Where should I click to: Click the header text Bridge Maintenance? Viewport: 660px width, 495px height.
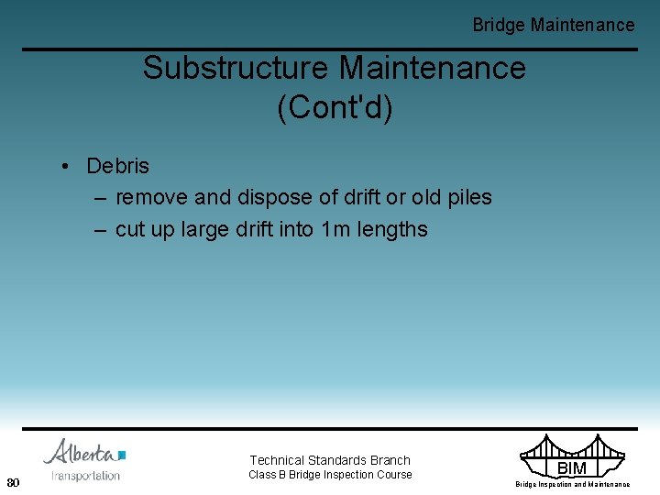coord(553,25)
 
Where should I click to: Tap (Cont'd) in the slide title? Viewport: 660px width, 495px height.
coord(335,107)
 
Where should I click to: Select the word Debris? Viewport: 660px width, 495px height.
coord(117,166)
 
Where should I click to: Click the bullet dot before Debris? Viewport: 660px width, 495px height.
coord(67,167)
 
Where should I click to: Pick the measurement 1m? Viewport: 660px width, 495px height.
coord(337,229)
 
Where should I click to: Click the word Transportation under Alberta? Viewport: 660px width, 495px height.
coord(85,475)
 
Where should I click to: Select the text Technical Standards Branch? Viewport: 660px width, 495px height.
coord(330,460)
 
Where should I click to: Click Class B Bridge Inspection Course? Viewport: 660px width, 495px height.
coord(330,475)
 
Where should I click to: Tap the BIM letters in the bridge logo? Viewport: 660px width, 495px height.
coord(572,468)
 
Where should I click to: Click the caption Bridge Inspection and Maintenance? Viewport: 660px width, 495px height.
coord(572,484)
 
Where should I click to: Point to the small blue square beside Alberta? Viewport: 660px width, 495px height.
coord(122,455)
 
